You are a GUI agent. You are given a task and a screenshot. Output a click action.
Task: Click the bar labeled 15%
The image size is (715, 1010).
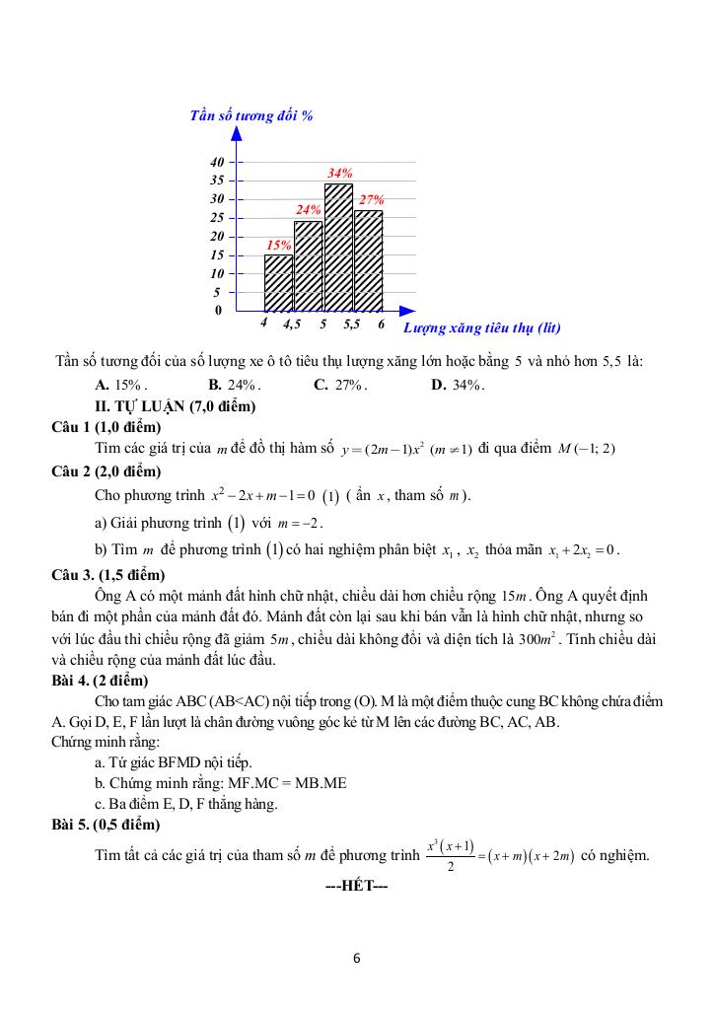pos(278,283)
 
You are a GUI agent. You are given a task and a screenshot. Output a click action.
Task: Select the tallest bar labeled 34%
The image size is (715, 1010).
pos(338,248)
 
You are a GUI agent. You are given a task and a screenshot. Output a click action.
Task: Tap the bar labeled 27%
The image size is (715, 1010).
pos(368,260)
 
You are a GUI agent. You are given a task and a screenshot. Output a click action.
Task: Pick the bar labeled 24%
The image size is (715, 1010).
pos(308,266)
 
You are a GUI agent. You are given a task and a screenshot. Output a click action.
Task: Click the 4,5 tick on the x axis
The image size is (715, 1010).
pos(292,324)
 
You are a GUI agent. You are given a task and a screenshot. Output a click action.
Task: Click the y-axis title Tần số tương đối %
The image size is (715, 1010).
pos(251,115)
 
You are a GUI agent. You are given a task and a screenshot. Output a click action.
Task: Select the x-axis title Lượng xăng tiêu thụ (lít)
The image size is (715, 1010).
pos(482,326)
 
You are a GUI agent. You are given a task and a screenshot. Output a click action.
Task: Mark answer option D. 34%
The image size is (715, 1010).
pos(459,385)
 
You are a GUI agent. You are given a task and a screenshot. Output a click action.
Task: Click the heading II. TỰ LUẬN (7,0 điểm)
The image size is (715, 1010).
pos(175,405)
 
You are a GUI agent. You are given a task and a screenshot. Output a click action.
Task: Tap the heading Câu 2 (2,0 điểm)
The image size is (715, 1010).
pos(106,469)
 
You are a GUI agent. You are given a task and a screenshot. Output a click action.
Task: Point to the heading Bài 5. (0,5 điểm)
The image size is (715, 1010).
pos(106,824)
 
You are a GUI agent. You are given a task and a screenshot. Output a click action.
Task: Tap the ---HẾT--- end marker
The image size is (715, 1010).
pos(356,886)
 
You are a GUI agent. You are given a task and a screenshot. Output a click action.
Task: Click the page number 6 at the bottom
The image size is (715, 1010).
pos(357,957)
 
